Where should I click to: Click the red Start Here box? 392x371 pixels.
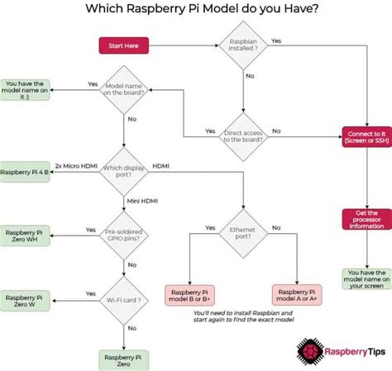123,45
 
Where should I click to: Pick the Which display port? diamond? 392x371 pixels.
122,171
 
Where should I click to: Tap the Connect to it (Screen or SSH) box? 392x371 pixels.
366,136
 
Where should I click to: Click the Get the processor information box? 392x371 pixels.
366,219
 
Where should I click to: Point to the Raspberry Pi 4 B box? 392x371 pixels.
24,171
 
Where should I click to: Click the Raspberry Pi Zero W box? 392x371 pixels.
24,299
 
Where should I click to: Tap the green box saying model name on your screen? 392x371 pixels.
366,279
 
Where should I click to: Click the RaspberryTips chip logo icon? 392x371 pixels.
309,349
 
